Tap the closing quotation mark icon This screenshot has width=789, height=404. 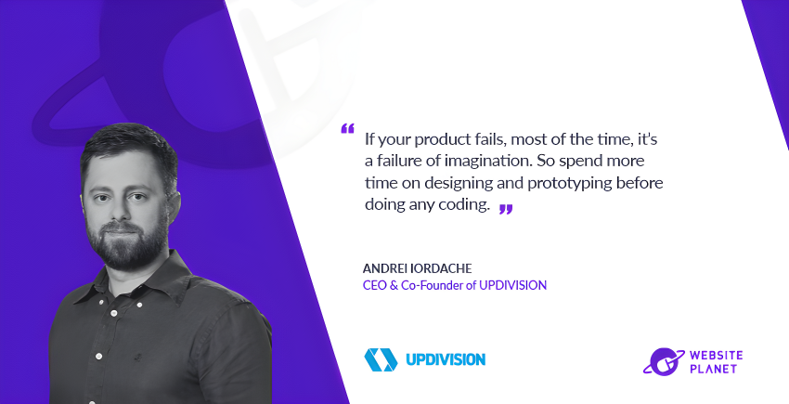click(x=505, y=209)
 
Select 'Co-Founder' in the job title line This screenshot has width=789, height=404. click(x=435, y=285)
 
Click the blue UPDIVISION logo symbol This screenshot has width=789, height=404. click(x=382, y=358)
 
